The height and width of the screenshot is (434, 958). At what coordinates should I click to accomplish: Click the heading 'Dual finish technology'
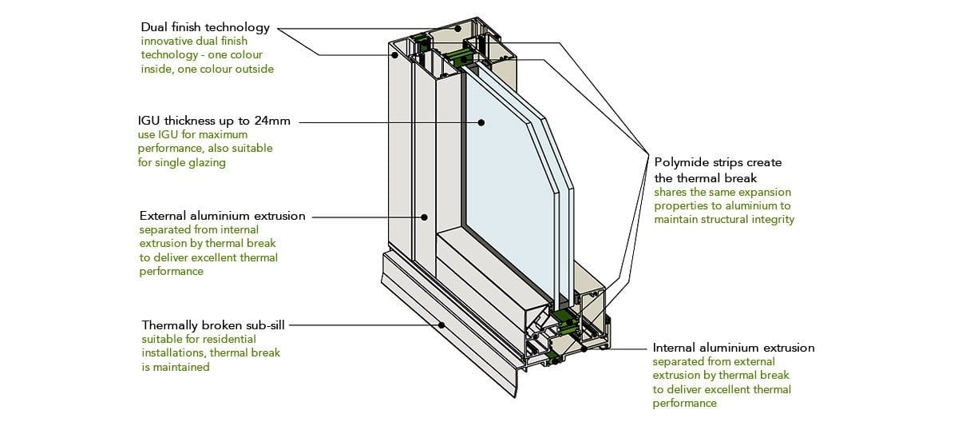point(205,28)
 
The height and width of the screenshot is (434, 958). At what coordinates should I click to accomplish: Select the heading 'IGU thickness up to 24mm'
point(214,121)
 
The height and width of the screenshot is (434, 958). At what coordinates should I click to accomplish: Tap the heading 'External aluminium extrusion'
point(222,216)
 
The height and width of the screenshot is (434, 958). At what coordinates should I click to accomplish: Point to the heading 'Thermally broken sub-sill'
point(212,325)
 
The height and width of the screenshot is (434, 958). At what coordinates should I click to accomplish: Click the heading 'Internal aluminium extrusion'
point(734,348)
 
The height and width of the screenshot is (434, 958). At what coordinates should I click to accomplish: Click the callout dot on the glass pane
point(482,122)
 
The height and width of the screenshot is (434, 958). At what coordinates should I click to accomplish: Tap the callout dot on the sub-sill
point(442,325)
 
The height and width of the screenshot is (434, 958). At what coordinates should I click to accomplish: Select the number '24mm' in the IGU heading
point(274,121)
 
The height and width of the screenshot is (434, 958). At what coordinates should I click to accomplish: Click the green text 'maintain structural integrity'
point(724,220)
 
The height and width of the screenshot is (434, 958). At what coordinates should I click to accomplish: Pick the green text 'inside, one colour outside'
point(207,70)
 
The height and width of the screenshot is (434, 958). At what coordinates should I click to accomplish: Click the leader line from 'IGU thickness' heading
point(383,122)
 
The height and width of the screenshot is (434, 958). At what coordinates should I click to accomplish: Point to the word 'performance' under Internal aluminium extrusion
point(684,404)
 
